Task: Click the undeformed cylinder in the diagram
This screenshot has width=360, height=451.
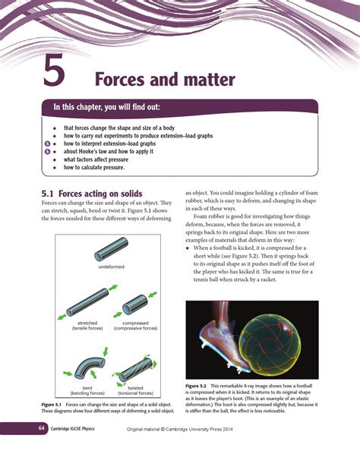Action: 110,250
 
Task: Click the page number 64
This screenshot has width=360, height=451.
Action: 33,429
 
